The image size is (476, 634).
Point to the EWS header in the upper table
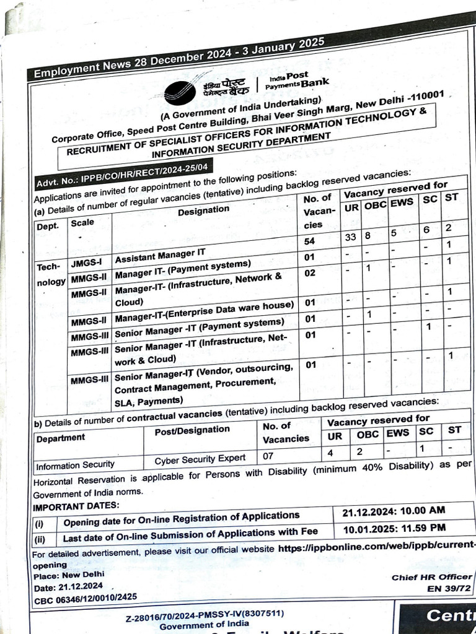402,203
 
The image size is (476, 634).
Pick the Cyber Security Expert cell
200,459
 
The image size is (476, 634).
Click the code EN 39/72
441,588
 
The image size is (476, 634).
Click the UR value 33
351,237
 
